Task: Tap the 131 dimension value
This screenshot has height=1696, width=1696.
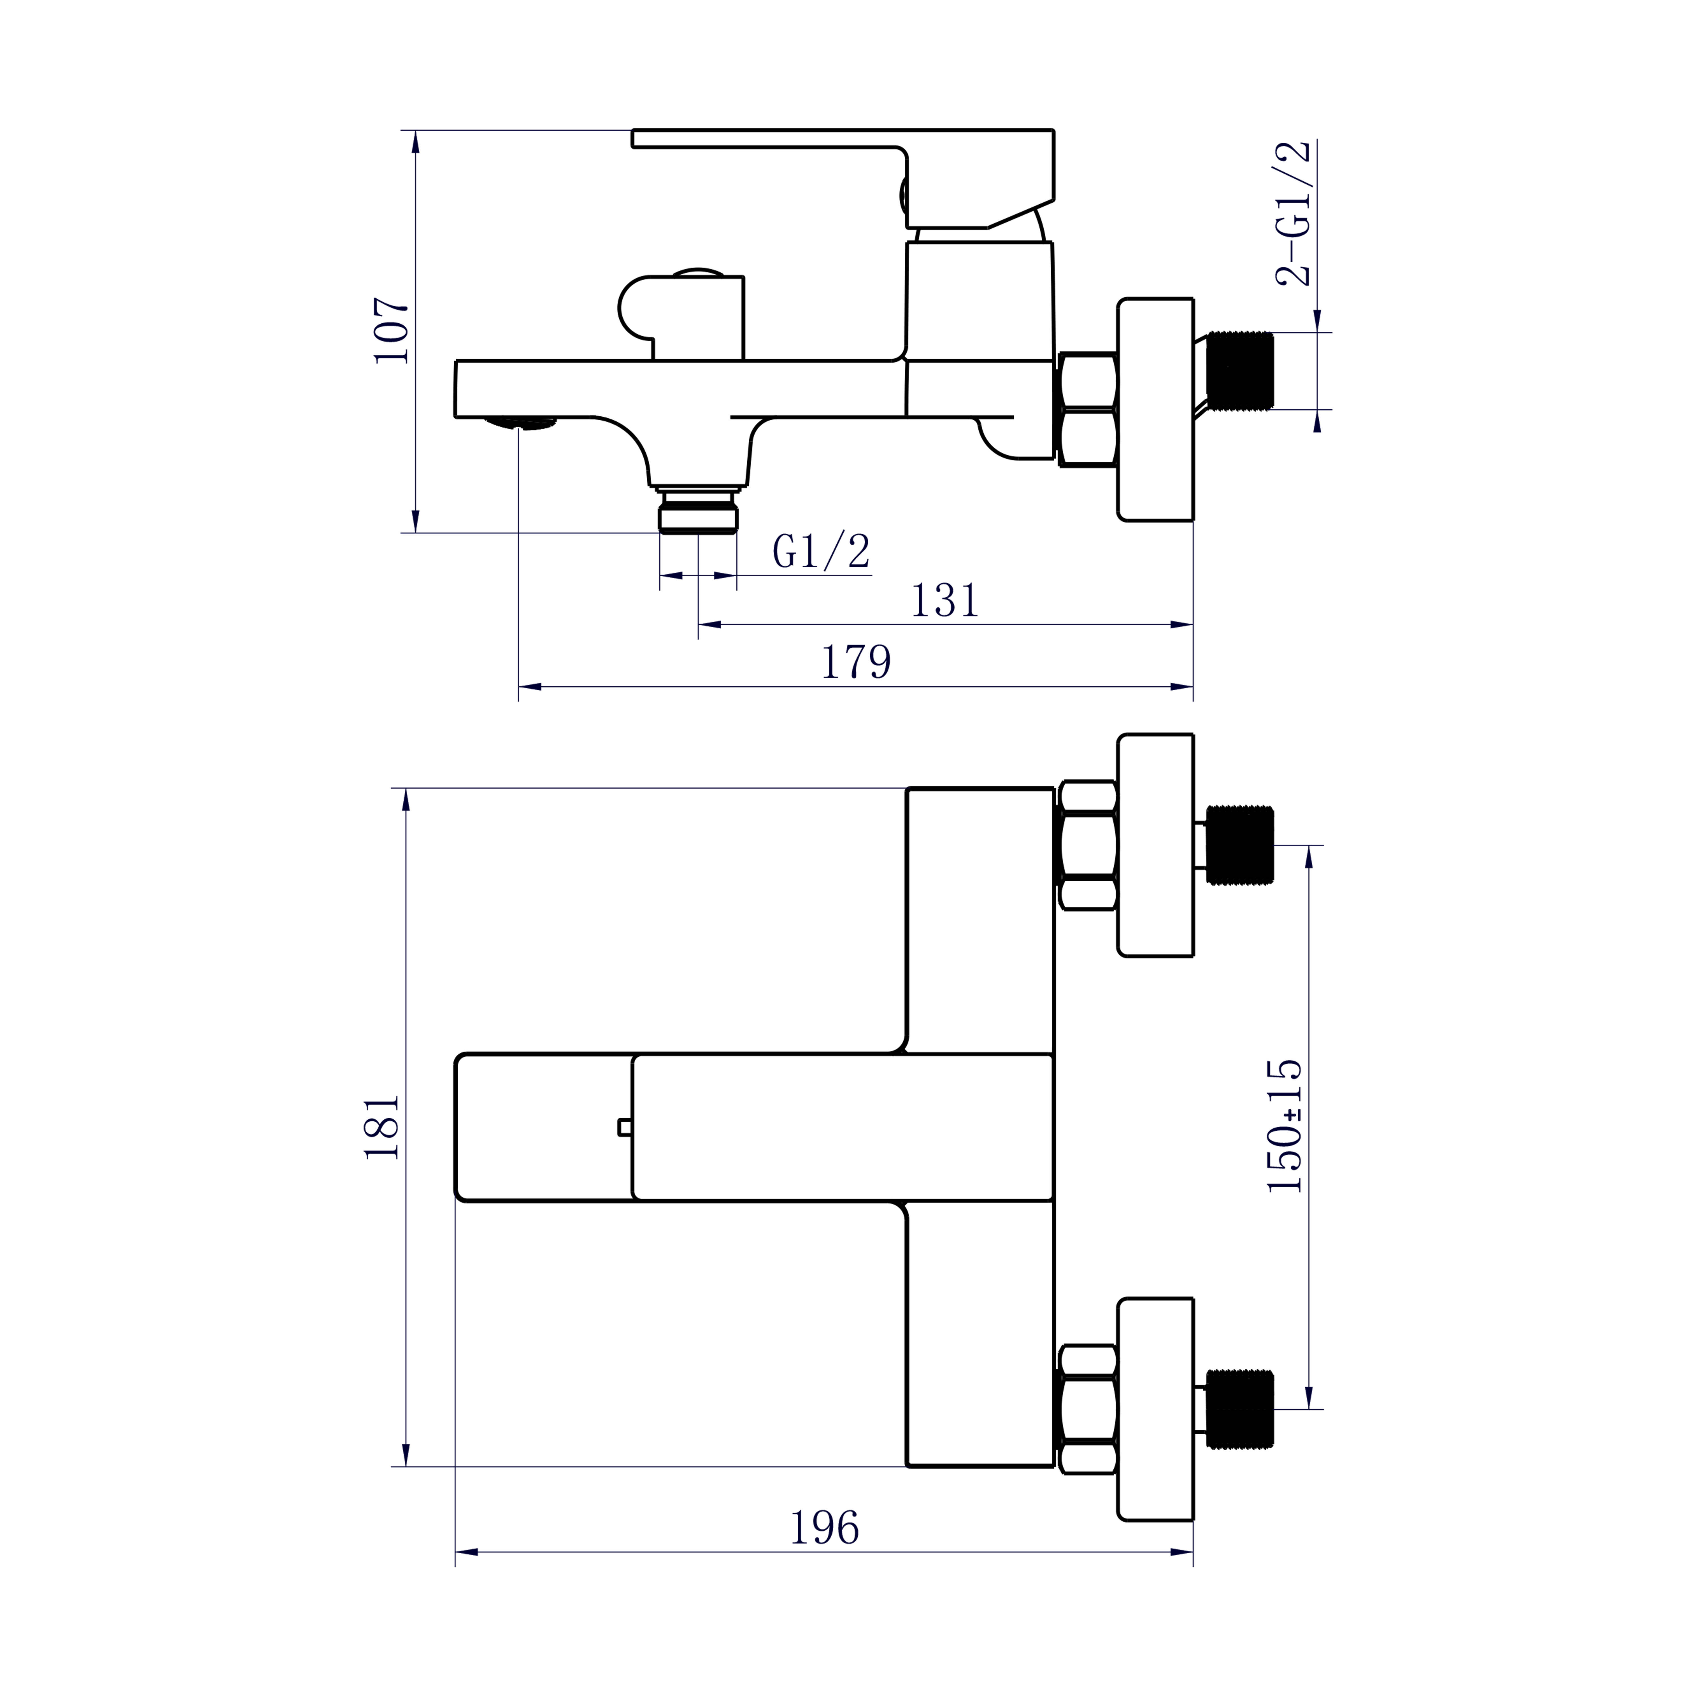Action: click(x=945, y=600)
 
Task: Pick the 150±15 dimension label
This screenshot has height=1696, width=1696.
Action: click(x=1284, y=1125)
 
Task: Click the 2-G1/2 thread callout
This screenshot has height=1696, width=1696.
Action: click(x=1293, y=213)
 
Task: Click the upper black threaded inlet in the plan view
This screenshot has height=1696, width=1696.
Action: click(x=1239, y=845)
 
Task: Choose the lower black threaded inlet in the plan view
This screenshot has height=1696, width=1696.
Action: click(x=1239, y=1408)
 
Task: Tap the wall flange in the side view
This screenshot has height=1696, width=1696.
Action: click(x=1155, y=409)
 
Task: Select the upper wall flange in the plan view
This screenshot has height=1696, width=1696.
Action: click(x=1155, y=845)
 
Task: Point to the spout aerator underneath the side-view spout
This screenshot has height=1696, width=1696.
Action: click(x=522, y=423)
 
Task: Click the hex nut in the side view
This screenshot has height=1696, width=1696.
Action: click(x=1089, y=409)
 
